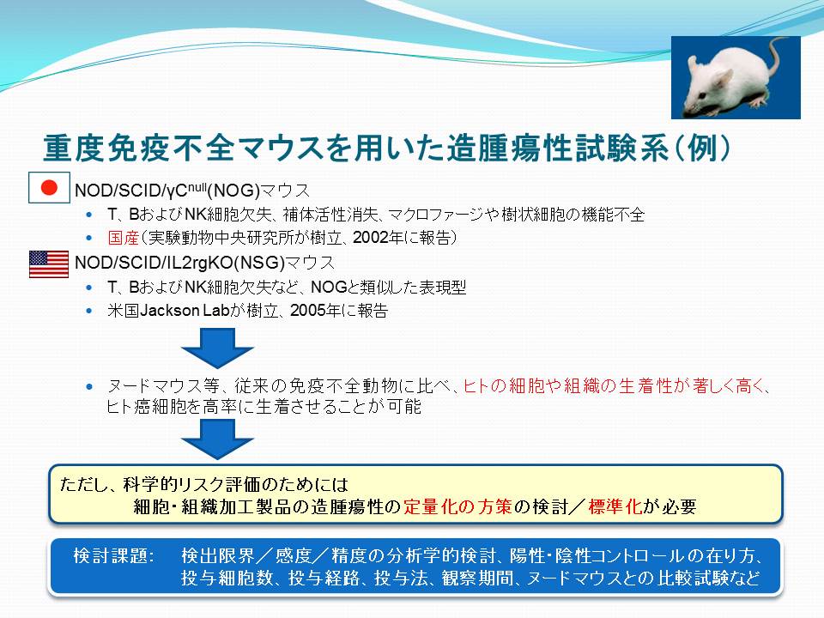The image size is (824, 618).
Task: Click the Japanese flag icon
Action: [x=49, y=188]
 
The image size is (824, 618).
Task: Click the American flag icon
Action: [x=49, y=264]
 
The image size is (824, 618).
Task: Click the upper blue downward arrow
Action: [x=217, y=348]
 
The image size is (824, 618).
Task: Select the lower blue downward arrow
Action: [x=217, y=440]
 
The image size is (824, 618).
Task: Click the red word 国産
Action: [x=123, y=238]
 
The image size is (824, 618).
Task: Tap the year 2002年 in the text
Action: [x=378, y=238]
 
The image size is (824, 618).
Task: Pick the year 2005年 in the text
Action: [x=315, y=311]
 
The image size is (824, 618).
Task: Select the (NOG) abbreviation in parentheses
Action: [x=233, y=191]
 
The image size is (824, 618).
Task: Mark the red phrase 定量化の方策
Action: [x=457, y=506]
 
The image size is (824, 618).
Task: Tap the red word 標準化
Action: [x=615, y=506]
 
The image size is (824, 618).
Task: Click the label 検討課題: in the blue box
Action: [x=114, y=556]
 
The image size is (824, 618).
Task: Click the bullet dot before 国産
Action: [x=89, y=239]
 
